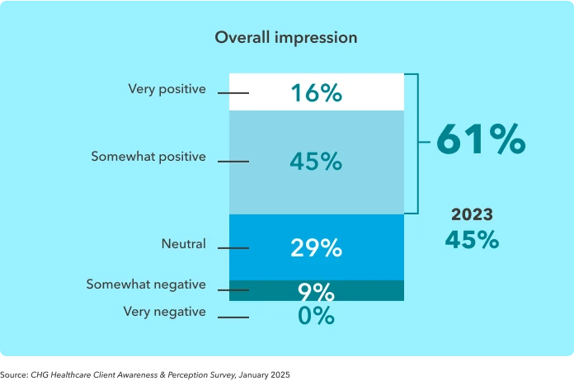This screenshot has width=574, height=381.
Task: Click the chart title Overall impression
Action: tap(285, 38)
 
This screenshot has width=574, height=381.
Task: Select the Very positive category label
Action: tap(167, 89)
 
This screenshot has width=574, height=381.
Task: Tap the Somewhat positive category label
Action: tap(148, 157)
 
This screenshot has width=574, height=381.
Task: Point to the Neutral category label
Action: tap(183, 244)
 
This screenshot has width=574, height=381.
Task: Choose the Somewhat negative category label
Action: tap(146, 285)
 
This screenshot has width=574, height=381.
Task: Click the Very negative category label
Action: tap(164, 312)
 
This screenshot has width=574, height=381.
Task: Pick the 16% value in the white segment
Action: tap(316, 93)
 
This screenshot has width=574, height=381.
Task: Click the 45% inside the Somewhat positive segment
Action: tap(316, 162)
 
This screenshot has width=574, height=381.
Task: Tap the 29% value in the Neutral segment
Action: tap(316, 247)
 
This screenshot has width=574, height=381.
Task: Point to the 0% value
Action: tap(316, 316)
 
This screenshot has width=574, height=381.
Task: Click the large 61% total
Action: tap(480, 139)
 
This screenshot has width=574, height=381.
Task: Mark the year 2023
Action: tap(472, 214)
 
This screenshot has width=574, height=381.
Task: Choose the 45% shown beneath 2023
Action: tap(472, 240)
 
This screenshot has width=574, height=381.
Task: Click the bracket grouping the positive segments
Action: tap(418, 143)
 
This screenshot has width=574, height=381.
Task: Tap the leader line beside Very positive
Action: tap(233, 93)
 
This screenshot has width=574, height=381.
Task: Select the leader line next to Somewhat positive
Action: tap(233, 162)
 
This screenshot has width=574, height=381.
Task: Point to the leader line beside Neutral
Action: tap(233, 248)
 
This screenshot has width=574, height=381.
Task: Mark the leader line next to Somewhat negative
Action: tap(233, 290)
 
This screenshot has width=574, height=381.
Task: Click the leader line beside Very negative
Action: tap(233, 317)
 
